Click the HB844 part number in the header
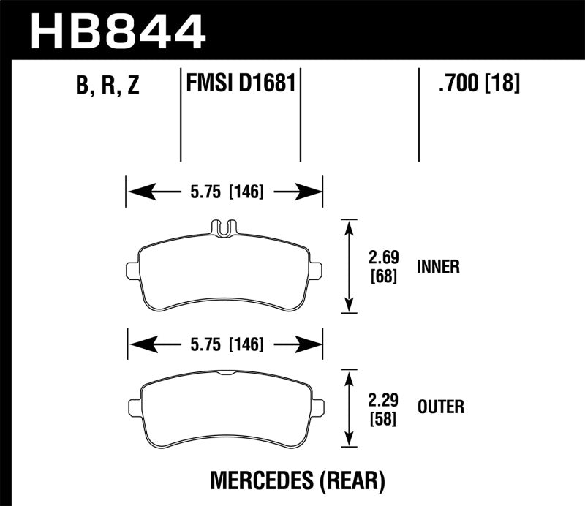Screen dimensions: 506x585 click(x=117, y=31)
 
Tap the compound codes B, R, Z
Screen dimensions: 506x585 click(x=107, y=86)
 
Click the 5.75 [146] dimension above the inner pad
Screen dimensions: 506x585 click(x=224, y=192)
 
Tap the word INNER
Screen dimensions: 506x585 click(x=438, y=267)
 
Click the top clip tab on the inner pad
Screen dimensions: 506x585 click(x=224, y=227)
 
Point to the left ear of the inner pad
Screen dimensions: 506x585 click(x=133, y=269)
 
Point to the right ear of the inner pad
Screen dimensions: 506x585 click(x=315, y=269)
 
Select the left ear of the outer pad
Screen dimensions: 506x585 click(x=134, y=406)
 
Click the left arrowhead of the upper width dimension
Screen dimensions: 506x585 click(x=135, y=192)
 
